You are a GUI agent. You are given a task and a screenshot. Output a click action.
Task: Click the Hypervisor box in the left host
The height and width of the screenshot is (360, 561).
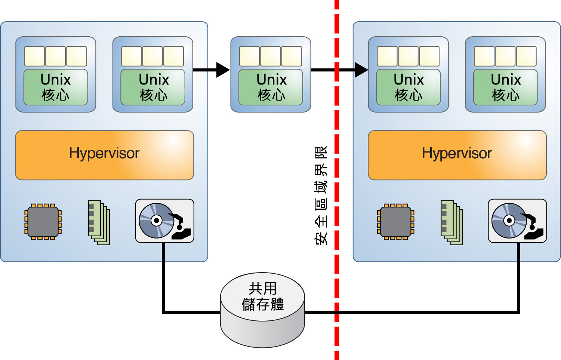coord(104,155)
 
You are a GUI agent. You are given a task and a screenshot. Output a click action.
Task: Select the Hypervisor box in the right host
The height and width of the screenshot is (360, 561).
coord(457,155)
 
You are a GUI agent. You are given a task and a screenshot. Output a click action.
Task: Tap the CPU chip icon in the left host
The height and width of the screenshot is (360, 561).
coord(43,222)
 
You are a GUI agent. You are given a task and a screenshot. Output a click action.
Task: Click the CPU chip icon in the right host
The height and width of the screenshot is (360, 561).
coord(396,222)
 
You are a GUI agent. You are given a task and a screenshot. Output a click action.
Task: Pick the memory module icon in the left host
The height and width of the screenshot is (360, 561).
coord(99,223)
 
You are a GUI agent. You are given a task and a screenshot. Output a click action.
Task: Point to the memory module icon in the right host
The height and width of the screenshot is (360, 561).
coord(451,223)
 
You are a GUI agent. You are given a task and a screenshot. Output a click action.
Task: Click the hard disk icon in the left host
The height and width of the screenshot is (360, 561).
coord(164,221)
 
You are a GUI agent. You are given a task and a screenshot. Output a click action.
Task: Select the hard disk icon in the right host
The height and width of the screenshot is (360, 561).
coord(517,221)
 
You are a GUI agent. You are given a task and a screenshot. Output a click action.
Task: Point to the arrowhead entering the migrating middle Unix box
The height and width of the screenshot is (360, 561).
coord(223,70)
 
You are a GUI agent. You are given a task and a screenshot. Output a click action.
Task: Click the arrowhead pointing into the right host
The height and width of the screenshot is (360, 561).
coord(361,70)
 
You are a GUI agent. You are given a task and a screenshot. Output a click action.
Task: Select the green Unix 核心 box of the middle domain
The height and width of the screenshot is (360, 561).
coord(271,87)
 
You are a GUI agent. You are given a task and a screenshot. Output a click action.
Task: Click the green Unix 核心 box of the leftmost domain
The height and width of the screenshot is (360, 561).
coord(56,87)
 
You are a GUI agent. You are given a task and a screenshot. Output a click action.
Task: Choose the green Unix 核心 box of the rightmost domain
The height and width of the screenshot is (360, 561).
coord(505,87)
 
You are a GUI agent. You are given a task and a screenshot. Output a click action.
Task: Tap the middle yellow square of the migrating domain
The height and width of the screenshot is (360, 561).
coord(271,56)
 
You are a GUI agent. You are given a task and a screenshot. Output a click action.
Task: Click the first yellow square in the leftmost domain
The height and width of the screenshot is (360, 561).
coord(34,56)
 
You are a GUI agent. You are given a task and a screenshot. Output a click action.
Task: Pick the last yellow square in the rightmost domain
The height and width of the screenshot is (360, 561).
coord(526,56)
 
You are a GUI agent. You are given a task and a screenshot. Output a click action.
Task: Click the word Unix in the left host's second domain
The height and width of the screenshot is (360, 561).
coord(154,80)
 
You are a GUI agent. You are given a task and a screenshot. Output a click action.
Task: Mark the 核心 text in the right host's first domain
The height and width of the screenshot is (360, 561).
coord(409,95)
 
